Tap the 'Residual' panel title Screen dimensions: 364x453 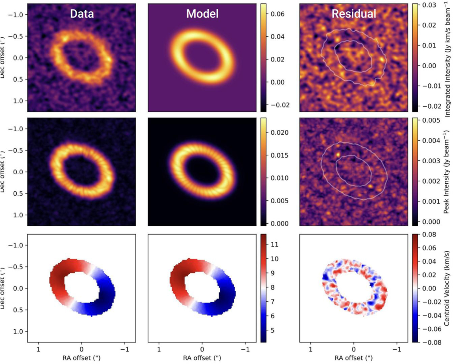(354, 14)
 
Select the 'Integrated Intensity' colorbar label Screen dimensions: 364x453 (445, 53)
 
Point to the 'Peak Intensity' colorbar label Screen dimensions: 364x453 (445, 172)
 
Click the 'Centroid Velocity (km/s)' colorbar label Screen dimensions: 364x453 (445, 289)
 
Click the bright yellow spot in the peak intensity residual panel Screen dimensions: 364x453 (338, 154)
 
